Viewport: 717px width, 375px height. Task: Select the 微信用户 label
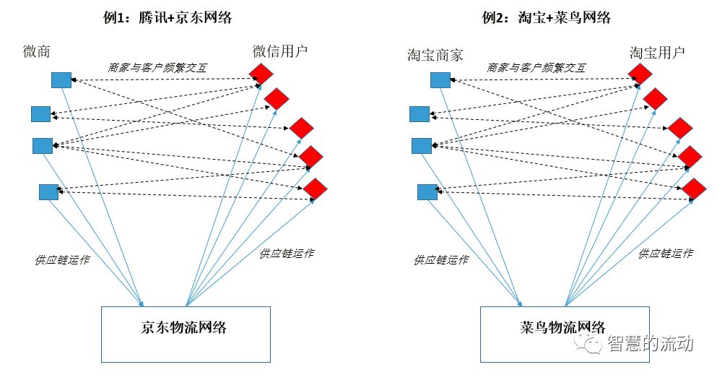(280, 52)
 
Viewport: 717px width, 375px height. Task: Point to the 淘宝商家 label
(435, 55)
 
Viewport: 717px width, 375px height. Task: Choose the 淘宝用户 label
(657, 52)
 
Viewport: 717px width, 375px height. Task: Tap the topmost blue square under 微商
(61, 79)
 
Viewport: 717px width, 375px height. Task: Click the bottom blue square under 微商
(48, 191)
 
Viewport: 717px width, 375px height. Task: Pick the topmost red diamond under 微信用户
(261, 73)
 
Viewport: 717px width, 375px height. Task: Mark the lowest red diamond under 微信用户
(316, 189)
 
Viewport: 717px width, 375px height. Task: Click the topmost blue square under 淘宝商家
(440, 79)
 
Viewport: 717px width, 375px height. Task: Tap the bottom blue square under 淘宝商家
(427, 191)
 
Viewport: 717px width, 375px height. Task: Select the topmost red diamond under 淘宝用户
(639, 73)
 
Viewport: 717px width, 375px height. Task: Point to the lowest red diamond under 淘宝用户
(694, 189)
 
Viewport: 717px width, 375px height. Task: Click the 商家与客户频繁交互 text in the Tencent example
(157, 67)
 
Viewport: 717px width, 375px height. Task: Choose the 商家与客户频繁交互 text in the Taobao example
(536, 67)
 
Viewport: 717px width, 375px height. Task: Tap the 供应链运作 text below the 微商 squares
(62, 259)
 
